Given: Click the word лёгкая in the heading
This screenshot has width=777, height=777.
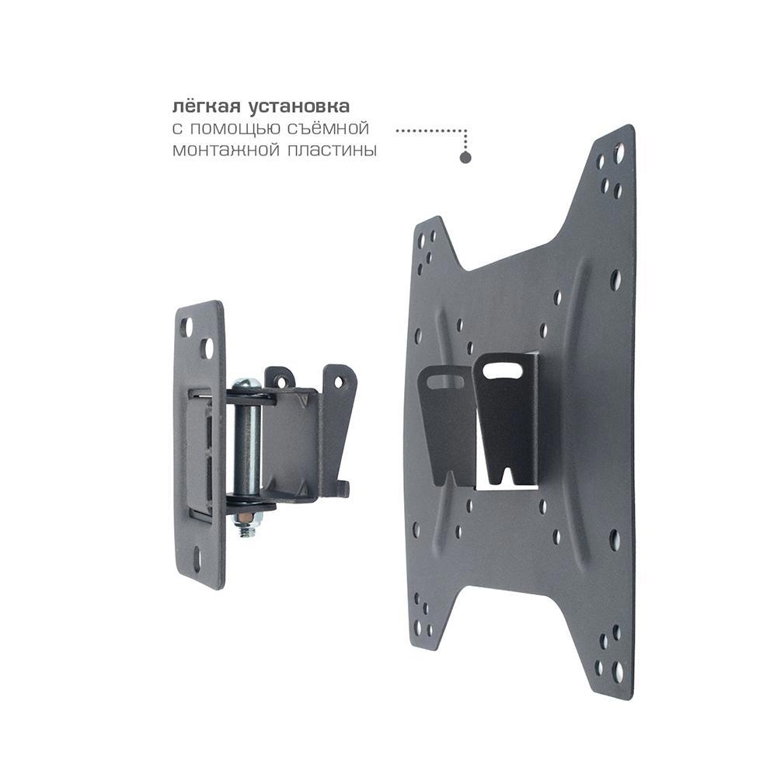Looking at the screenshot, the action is (206, 106).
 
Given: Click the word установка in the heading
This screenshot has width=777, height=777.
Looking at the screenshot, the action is (299, 106).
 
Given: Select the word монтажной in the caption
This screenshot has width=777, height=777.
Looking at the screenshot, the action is (226, 150).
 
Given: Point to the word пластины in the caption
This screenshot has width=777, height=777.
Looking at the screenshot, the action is (333, 150).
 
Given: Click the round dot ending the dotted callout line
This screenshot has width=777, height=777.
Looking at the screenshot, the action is (465, 158).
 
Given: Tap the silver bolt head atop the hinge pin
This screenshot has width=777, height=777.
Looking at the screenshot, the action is (246, 384).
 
